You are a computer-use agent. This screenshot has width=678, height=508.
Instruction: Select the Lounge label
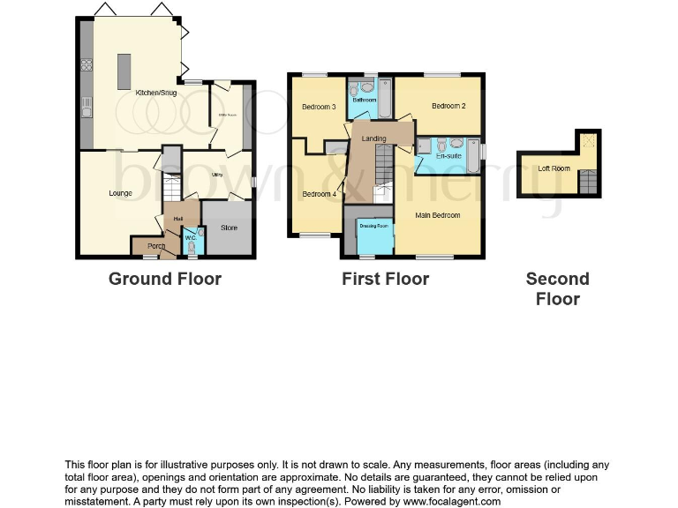(x=120, y=193)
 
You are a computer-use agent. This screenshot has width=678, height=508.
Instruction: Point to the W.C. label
(x=190, y=237)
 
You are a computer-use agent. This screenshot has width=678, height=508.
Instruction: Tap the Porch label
(x=156, y=245)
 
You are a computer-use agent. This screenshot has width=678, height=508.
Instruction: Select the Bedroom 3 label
(x=319, y=107)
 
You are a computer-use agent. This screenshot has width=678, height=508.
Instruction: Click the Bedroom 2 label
(x=448, y=106)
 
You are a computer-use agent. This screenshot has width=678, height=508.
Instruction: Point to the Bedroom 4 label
(x=319, y=194)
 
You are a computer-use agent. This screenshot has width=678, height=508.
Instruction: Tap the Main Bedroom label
(x=438, y=214)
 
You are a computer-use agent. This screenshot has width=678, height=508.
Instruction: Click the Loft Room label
(x=554, y=168)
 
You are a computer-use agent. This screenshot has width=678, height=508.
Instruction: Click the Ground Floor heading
(x=164, y=279)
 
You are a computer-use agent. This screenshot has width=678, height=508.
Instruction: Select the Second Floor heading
(x=557, y=288)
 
